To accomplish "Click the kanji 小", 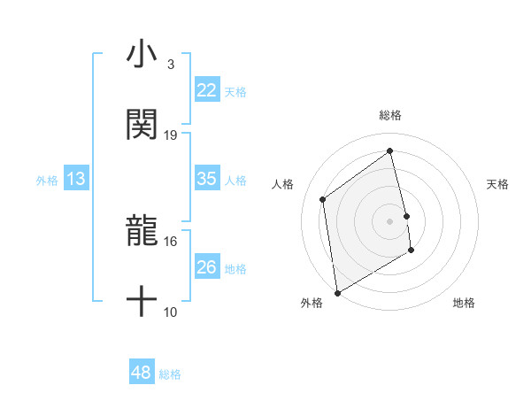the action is coord(142,55).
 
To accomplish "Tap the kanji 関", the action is coord(142,125).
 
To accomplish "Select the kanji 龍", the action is coord(142,232).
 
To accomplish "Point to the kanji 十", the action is coord(142,302).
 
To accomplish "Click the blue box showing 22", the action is coord(207,90).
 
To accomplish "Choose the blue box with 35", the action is coord(207,179).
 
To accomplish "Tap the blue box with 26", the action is coord(207,267).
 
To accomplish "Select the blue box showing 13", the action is coord(76,179).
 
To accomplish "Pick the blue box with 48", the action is coord(142,373).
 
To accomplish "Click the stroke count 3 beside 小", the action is coord(170,65).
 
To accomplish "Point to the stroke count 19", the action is coord(171,135).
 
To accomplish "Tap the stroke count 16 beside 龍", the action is coord(171,241).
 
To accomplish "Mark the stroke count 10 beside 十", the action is coord(171,312).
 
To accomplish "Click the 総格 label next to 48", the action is coord(170,374).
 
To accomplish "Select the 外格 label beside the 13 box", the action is coord(47,180).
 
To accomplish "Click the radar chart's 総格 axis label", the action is coord(390,115).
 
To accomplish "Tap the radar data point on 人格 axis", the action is coord(323,199).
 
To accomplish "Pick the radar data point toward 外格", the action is coord(337,292).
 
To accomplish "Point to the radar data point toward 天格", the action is coord(407,216).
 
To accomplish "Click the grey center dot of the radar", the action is coord(390,220).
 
